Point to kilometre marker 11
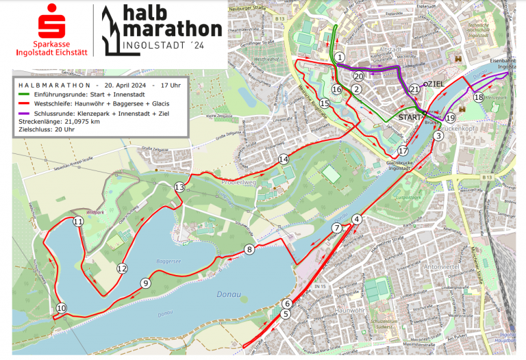(x=78, y=222)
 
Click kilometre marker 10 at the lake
(x=62, y=309)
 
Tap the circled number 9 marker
(x=145, y=283)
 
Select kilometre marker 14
(x=284, y=159)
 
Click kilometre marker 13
(x=179, y=187)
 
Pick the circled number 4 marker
(x=356, y=219)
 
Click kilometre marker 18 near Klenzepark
(x=478, y=98)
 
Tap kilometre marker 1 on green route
(x=340, y=57)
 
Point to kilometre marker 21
(x=415, y=90)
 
